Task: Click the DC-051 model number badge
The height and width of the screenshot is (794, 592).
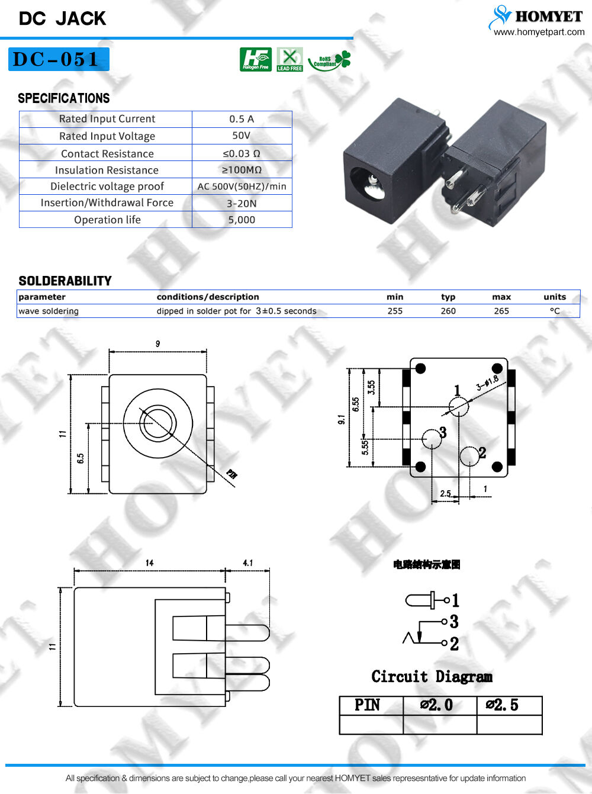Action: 58,59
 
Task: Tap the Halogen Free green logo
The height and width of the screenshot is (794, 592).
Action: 256,60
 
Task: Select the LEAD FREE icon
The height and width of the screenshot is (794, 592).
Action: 289,60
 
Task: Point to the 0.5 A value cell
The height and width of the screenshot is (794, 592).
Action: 242,119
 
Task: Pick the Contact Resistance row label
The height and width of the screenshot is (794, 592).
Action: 107,154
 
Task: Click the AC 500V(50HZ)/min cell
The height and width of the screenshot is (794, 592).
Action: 242,187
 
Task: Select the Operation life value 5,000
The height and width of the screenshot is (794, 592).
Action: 242,220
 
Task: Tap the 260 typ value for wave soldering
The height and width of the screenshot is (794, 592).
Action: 448,311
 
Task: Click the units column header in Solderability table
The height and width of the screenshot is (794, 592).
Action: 555,297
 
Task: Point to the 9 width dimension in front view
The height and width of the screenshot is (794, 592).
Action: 157,344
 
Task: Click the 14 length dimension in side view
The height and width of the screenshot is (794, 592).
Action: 149,563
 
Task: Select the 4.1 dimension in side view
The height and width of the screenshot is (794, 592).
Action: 247,563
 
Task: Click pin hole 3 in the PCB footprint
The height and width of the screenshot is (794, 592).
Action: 432,439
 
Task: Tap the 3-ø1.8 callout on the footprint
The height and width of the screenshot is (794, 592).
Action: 487,383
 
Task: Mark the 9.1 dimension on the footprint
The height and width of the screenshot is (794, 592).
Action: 342,419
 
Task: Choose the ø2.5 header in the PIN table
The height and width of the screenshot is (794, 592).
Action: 502,705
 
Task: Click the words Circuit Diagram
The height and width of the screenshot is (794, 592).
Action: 432,676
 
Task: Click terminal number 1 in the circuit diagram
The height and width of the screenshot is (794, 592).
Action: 455,600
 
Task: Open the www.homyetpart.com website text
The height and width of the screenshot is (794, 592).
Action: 539,32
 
